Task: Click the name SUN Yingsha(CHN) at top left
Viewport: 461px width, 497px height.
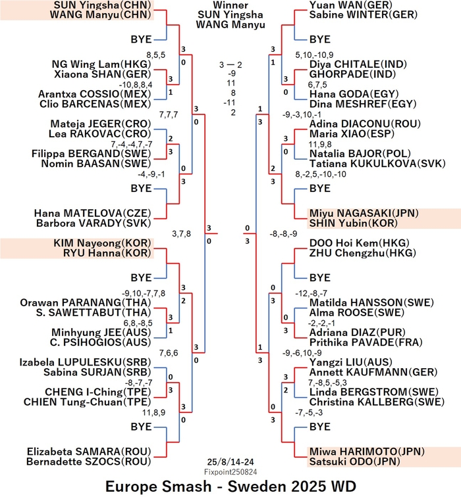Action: [x=102, y=5]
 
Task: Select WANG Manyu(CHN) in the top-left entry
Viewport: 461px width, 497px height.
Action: [x=100, y=15]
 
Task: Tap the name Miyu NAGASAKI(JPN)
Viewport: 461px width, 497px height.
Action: [x=364, y=213]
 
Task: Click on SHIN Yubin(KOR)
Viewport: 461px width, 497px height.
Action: [x=354, y=223]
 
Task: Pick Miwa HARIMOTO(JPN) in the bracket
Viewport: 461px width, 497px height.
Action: [x=367, y=452]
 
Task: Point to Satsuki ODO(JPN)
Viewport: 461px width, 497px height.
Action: [x=354, y=461]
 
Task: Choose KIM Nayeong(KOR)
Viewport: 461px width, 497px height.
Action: [x=102, y=243]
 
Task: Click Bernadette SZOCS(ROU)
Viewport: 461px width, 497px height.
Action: [x=89, y=461]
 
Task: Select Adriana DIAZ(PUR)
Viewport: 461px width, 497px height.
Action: [x=358, y=333]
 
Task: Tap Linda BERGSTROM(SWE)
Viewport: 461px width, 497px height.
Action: [x=374, y=392]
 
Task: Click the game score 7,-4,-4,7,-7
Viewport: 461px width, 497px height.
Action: [x=132, y=145]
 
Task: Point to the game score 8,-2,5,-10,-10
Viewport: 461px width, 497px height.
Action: [x=321, y=174]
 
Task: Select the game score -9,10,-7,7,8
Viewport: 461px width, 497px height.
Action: [x=144, y=293]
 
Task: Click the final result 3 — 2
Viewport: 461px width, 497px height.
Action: [x=230, y=65]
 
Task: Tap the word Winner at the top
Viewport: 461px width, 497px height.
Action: [x=230, y=5]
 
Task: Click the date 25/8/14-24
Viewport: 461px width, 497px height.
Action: [x=230, y=462]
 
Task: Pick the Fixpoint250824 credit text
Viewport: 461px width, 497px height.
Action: [x=230, y=472]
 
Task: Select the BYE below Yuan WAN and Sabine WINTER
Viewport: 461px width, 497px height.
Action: [x=320, y=39]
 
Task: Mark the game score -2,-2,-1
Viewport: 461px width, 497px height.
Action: [x=321, y=323]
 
